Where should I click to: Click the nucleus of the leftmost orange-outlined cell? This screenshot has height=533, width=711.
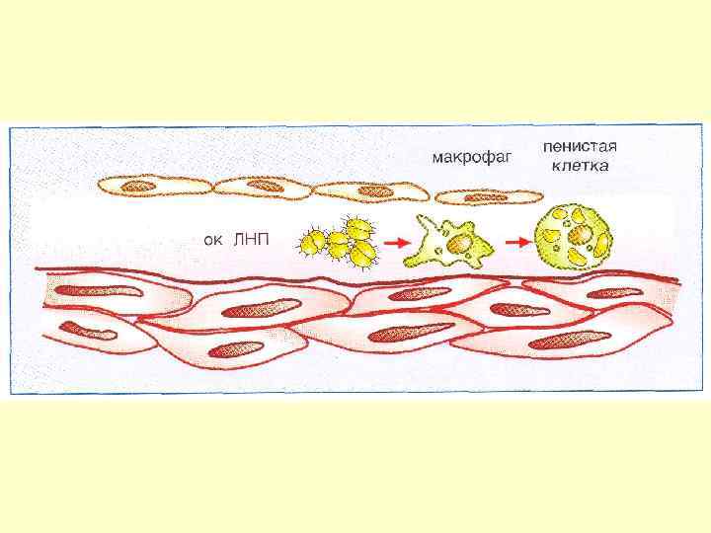(138, 185)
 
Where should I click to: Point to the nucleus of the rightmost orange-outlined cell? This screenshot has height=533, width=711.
(487, 196)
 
